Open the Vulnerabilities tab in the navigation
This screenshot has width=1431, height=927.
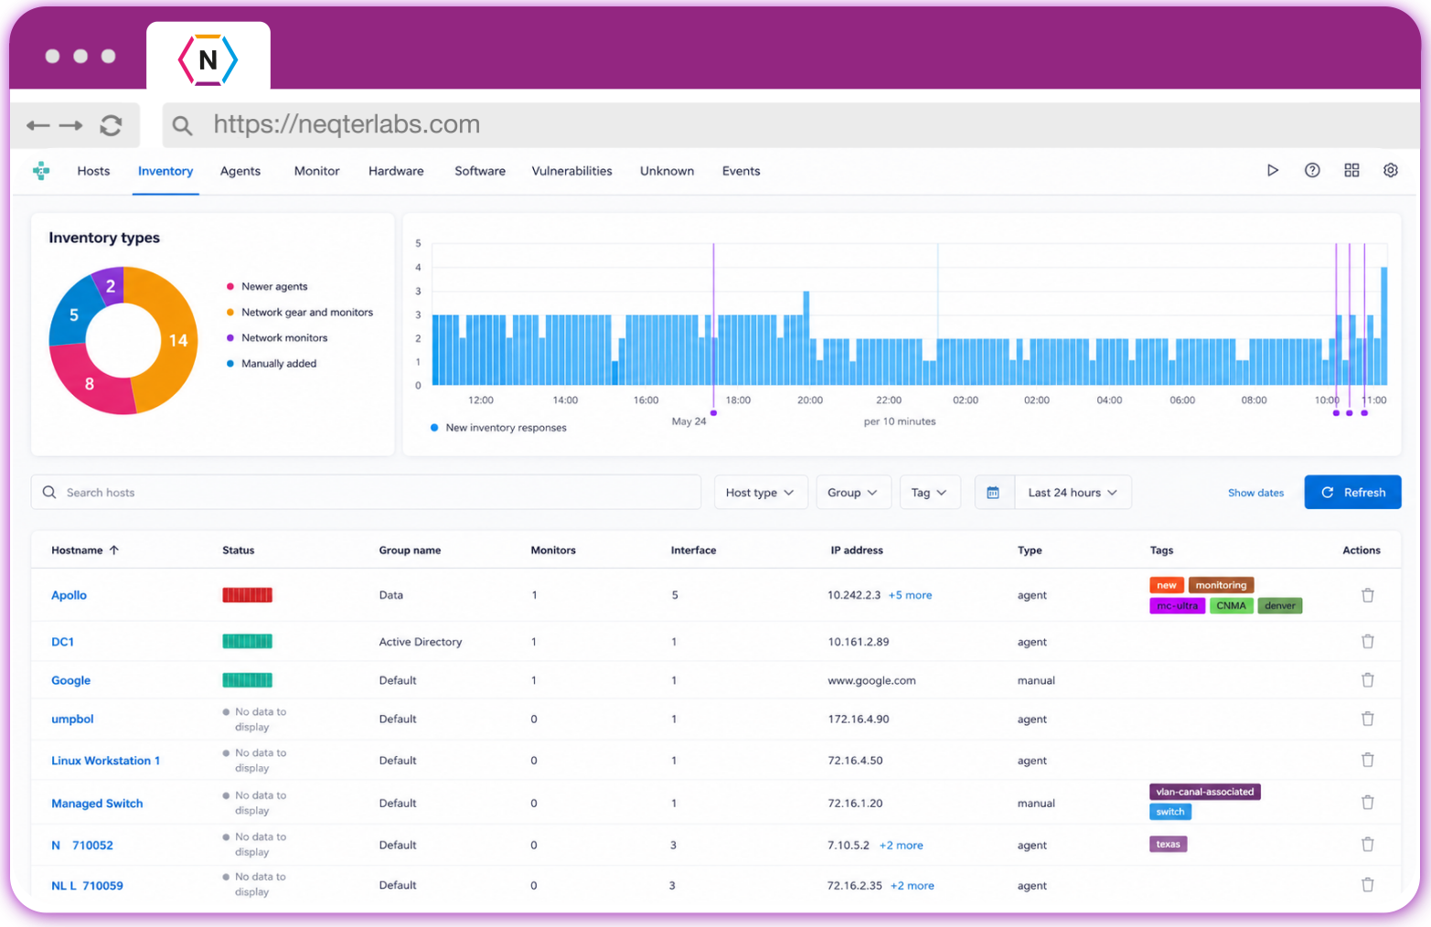571,171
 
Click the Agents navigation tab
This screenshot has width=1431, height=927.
240,171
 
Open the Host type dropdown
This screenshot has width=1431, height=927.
760,493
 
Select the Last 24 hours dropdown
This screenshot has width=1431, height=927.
1073,493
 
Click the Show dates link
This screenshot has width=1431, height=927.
1255,493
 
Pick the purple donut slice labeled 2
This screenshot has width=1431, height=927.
109,286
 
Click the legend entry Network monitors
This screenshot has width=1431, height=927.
284,338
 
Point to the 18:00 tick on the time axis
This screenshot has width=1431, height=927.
738,400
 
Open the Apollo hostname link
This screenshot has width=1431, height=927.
69,595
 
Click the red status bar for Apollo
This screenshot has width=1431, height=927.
247,595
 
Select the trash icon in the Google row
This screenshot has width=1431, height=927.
1367,680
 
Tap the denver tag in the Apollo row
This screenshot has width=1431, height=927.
1279,605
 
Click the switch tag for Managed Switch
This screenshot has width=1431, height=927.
1169,812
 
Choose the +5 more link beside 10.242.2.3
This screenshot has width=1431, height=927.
910,595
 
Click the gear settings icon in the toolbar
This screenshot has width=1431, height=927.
1390,171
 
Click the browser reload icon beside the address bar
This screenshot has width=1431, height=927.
112,125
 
